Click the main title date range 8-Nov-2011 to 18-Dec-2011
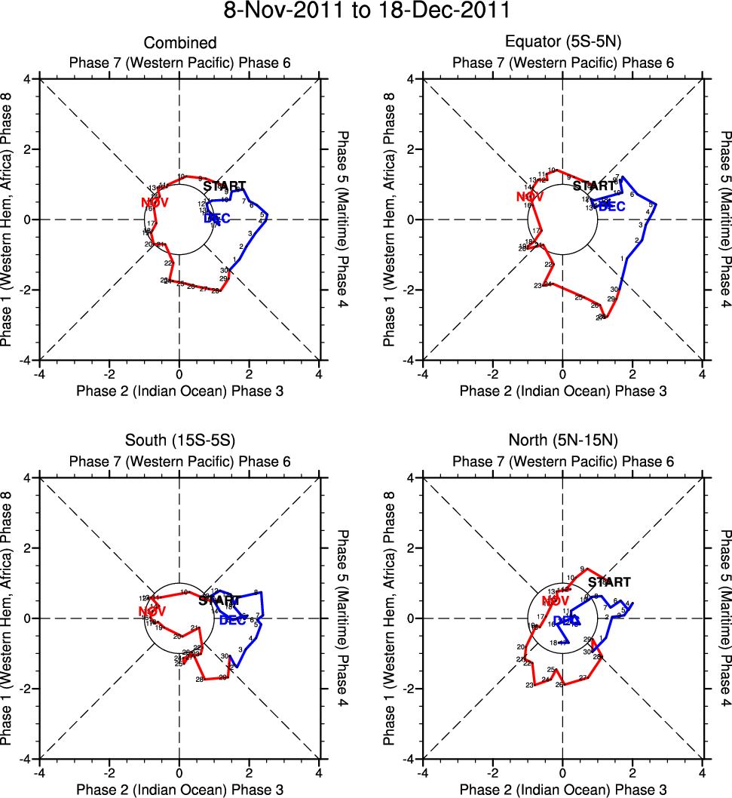coord(366,11)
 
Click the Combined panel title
coord(180,43)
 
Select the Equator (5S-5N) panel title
coord(563,43)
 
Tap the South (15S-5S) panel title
coord(180,442)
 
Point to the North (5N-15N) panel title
coord(563,442)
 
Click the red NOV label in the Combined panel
coord(155,202)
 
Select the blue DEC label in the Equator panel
coord(611,207)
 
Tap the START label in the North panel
coord(609,582)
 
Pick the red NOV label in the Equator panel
coord(530,198)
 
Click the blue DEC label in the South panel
coord(233,620)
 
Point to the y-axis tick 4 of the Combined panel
coord(26,79)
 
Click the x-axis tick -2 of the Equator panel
coord(492,373)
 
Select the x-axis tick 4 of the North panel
coord(703,772)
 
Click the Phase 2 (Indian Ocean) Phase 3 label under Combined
coord(179,391)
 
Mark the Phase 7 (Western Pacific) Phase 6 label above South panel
coord(180,462)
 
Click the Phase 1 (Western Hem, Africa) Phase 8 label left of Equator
coord(390,219)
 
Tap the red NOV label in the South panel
coord(153,610)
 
